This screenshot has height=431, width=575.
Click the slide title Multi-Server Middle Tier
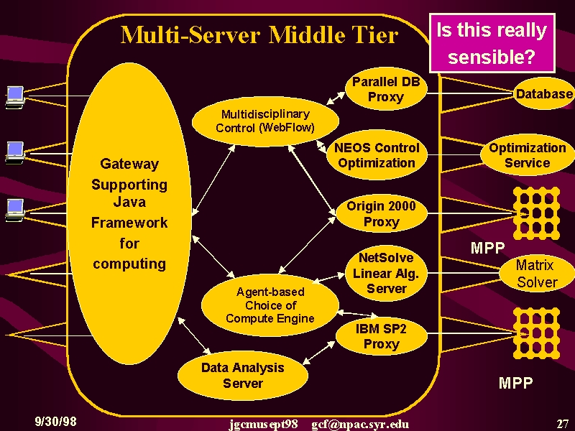click(259, 35)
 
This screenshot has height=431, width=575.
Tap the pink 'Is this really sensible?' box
click(492, 43)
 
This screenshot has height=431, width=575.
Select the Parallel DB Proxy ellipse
click(386, 89)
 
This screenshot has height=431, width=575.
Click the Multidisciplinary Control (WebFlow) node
click(265, 121)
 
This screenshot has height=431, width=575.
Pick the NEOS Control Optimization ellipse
click(377, 155)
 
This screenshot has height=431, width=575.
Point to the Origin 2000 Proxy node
click(382, 213)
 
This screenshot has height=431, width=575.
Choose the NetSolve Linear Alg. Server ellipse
click(386, 273)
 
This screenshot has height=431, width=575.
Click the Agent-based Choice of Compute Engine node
click(270, 305)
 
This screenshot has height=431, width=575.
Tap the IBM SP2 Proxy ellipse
click(382, 336)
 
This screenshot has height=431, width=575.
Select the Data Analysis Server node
click(243, 375)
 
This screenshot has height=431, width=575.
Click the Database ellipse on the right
click(544, 94)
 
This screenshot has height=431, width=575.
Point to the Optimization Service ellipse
click(528, 155)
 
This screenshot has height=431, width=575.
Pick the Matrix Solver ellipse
click(537, 274)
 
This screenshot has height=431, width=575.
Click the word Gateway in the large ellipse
click(129, 164)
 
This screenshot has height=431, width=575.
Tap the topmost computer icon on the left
click(15, 97)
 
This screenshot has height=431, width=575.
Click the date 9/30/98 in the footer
click(56, 421)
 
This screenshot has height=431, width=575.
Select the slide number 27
click(563, 423)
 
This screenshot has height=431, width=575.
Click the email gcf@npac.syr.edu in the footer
click(360, 425)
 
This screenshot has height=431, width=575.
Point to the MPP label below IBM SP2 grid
click(515, 383)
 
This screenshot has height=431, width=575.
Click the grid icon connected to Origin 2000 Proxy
click(536, 213)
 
